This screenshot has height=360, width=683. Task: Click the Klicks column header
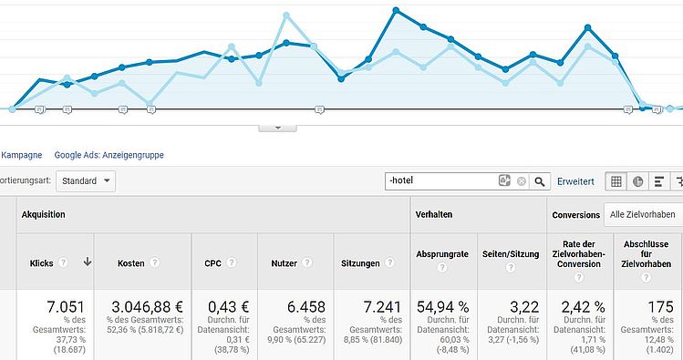pyautogui.click(x=41, y=263)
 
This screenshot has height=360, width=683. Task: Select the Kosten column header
pyautogui.click(x=130, y=263)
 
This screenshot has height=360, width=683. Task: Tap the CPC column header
pyautogui.click(x=212, y=263)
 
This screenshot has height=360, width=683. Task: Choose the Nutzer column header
pyautogui.click(x=284, y=263)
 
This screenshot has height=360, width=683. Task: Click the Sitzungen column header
pyautogui.click(x=360, y=263)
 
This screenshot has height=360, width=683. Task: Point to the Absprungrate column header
pyautogui.click(x=442, y=254)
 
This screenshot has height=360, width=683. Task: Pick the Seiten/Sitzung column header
pyautogui.click(x=511, y=254)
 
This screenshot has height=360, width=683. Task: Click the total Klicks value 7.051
pyautogui.click(x=66, y=307)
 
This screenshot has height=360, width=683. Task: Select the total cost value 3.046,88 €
pyautogui.click(x=147, y=307)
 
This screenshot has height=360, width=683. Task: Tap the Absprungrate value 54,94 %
pyautogui.click(x=443, y=307)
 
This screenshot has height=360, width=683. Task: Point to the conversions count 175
pyautogui.click(x=660, y=307)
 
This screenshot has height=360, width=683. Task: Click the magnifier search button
pyautogui.click(x=540, y=181)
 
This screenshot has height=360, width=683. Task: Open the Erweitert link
pyautogui.click(x=575, y=181)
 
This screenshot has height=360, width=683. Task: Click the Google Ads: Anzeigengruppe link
pyautogui.click(x=109, y=155)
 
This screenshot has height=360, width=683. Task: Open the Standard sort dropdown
pyautogui.click(x=86, y=181)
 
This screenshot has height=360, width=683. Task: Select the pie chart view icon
pyautogui.click(x=637, y=181)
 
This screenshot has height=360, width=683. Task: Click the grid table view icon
pyautogui.click(x=616, y=181)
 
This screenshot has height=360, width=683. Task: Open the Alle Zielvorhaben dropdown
pyautogui.click(x=643, y=214)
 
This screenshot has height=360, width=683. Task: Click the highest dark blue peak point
pyautogui.click(x=396, y=10)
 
